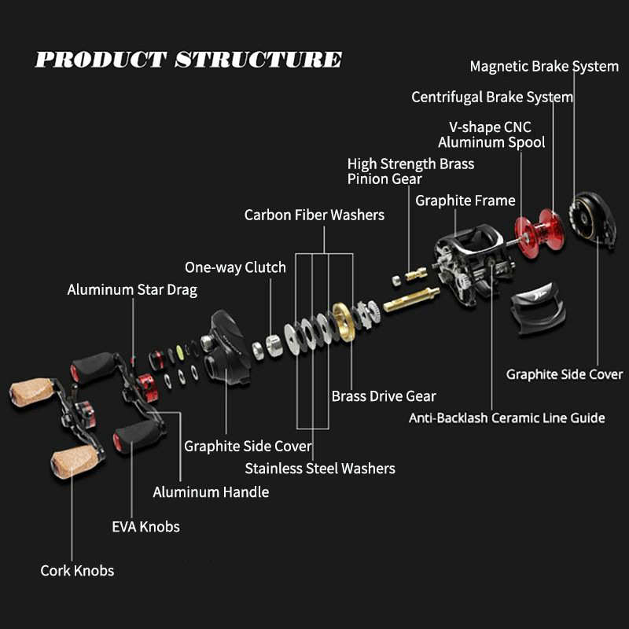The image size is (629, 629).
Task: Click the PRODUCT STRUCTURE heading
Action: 189,60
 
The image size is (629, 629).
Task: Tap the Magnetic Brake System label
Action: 544,66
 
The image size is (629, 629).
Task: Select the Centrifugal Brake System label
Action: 492,97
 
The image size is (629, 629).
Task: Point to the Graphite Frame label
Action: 465,200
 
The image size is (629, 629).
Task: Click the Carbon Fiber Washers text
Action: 314,215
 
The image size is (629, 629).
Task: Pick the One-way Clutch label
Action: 235,267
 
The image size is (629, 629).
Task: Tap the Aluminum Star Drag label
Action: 132,289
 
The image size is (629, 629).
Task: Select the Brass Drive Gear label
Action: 384,395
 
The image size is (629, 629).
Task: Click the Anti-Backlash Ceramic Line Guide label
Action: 506,417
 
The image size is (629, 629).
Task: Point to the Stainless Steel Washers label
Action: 320,469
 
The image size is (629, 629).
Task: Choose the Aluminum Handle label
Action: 211,492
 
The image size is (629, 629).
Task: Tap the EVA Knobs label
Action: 145,526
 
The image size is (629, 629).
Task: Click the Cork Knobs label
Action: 77,570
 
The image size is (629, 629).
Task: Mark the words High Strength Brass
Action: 410,164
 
